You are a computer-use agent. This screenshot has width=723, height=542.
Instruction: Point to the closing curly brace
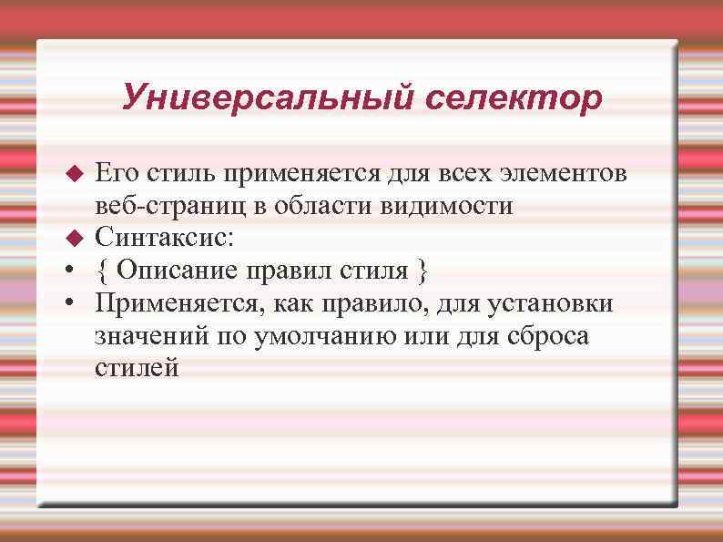pos(421,271)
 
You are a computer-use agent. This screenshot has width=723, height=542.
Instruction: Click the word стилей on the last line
pos(137,369)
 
